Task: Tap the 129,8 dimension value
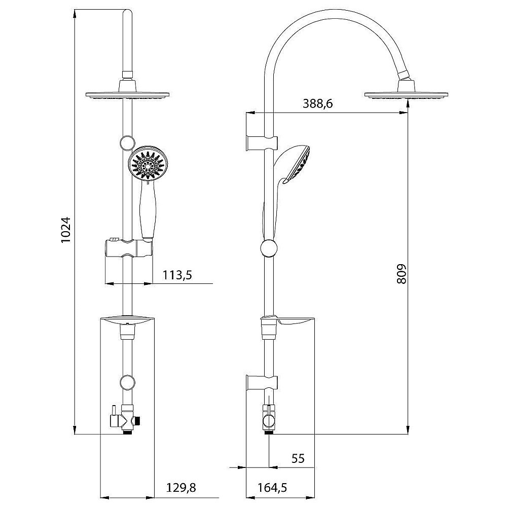click(x=181, y=488)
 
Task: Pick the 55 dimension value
click(x=298, y=459)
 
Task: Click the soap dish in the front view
click(x=127, y=320)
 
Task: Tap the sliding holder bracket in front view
click(x=128, y=248)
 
